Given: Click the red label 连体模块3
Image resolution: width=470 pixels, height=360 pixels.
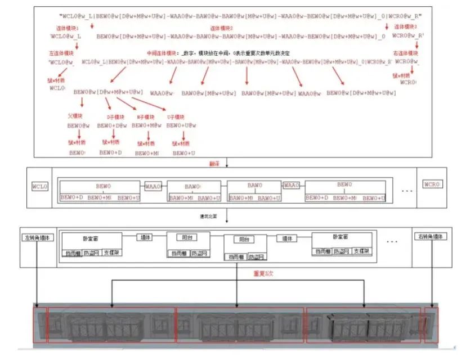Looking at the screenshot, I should pyautogui.click(x=405, y=27).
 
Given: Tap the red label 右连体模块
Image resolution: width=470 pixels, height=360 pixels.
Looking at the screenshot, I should pyautogui.click(x=405, y=53).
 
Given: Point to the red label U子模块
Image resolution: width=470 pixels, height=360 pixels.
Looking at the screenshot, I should pyautogui.click(x=176, y=116).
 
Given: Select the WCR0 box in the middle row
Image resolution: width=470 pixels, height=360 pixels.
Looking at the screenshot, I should pyautogui.click(x=432, y=184).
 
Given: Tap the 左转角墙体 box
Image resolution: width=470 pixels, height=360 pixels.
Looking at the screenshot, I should pyautogui.click(x=37, y=237).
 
